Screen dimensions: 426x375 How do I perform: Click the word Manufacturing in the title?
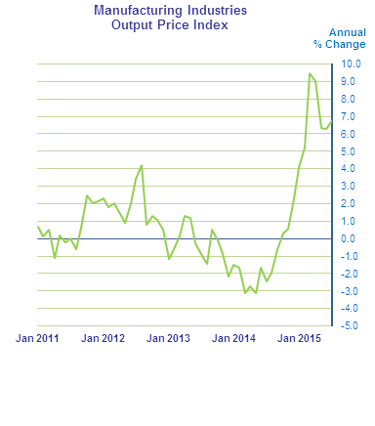[134, 11]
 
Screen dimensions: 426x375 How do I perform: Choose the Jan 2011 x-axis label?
[37, 338]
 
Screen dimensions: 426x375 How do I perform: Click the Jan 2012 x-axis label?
[103, 338]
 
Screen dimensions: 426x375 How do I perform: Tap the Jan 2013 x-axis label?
[169, 338]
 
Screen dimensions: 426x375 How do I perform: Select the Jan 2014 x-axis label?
[234, 338]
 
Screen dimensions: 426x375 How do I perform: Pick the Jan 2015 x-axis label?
[300, 338]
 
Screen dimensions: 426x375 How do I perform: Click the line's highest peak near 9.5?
[310, 73]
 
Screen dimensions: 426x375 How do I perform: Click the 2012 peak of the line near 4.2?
[142, 165]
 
